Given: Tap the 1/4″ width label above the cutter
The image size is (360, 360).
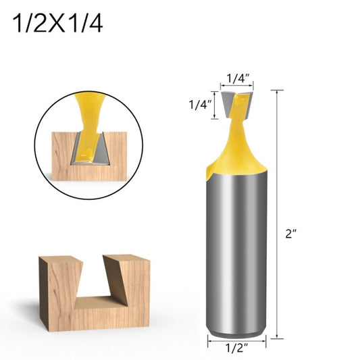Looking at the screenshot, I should [x=237, y=78].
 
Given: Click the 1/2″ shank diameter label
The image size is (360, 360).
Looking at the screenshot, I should [x=236, y=349].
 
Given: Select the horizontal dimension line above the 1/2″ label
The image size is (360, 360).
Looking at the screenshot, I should [x=236, y=339].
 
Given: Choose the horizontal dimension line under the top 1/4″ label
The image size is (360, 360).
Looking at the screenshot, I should [x=237, y=86].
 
